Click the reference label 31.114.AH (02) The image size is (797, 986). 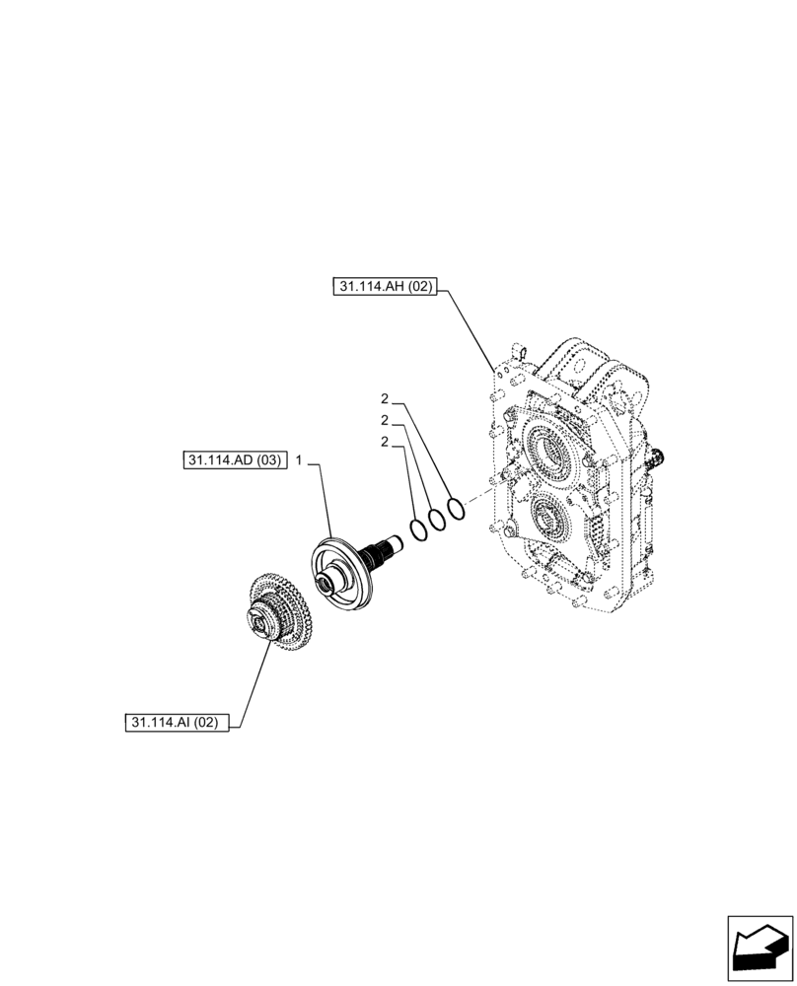click(384, 287)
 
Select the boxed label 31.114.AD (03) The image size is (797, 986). click(234, 460)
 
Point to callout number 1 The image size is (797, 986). click(299, 460)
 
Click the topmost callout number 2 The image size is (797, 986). click(385, 399)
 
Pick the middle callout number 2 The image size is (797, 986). click(385, 421)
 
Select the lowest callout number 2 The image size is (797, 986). click(385, 442)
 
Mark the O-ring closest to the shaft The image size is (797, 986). click(418, 529)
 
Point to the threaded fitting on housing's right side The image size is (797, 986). click(659, 457)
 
